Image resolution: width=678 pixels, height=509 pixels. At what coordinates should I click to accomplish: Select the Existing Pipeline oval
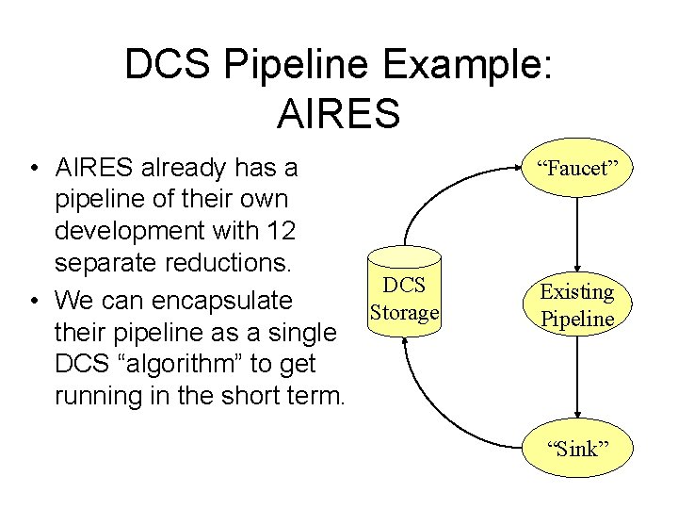coord(576,305)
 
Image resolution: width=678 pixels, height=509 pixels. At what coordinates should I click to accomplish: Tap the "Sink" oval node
coord(577,448)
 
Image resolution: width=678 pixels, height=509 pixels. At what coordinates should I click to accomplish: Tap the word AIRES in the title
coord(339,112)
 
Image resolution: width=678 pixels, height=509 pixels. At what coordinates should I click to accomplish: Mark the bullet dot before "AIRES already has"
coord(34,169)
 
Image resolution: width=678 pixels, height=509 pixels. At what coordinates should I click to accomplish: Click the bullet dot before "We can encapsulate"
coord(34,301)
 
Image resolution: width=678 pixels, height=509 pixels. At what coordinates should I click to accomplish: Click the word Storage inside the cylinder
coord(405,312)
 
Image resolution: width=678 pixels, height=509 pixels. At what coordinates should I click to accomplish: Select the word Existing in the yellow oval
coord(576,292)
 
